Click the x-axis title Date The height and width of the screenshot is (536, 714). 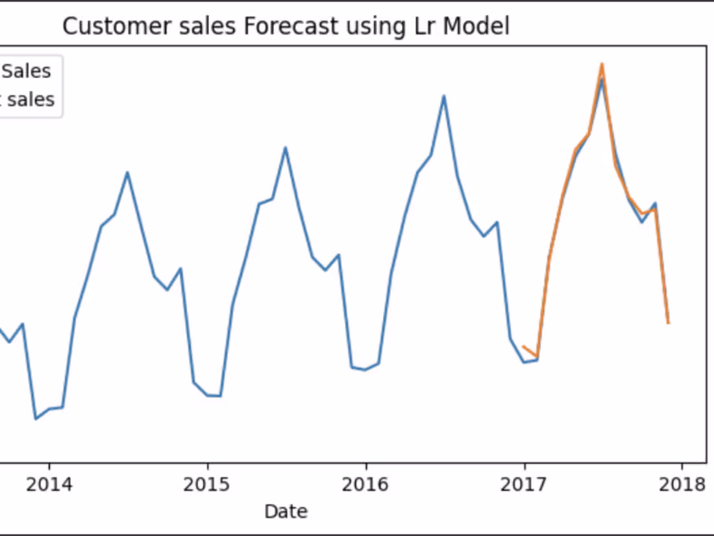(286, 511)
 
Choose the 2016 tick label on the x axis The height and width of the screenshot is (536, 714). (366, 484)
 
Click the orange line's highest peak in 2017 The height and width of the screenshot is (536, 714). (602, 64)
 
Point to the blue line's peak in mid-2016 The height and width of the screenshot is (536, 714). (444, 96)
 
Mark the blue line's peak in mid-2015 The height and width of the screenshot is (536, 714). (285, 147)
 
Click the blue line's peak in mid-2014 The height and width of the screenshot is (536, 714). (127, 172)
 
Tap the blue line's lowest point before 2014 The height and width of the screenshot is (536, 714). (36, 419)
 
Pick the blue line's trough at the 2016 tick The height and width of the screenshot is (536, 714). (365, 370)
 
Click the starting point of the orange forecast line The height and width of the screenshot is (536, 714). (524, 347)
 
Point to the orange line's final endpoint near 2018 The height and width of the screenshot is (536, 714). (668, 323)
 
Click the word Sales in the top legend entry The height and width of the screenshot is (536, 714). (27, 71)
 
